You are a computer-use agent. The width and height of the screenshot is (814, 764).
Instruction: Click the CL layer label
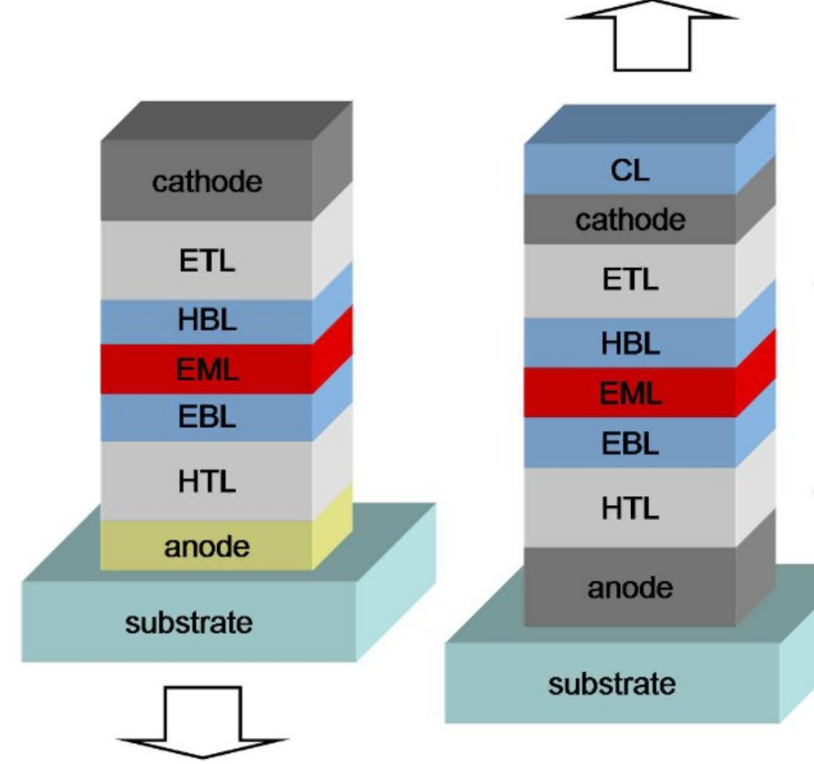click(x=630, y=170)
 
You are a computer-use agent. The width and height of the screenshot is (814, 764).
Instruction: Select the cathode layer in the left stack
click(x=207, y=182)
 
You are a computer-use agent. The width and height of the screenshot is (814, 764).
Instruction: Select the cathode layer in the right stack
click(x=630, y=219)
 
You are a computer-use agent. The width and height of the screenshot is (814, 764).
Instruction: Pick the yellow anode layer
click(x=207, y=546)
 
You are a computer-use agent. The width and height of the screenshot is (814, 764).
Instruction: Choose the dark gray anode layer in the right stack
click(x=630, y=588)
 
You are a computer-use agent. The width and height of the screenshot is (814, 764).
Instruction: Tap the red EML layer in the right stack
click(x=630, y=393)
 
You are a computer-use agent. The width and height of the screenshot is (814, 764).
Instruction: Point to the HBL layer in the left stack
click(x=207, y=320)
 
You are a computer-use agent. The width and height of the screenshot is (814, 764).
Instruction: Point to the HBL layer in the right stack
click(x=630, y=343)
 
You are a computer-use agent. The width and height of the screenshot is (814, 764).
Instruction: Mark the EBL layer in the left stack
click(x=207, y=416)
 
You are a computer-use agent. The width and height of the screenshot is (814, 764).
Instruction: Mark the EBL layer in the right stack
click(x=630, y=443)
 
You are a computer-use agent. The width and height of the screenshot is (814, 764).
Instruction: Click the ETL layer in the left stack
click(x=207, y=261)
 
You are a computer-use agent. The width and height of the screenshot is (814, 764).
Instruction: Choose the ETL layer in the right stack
click(x=630, y=281)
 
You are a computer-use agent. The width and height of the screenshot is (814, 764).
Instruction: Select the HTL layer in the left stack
click(x=207, y=481)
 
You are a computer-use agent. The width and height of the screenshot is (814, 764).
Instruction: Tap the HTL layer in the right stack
click(x=630, y=508)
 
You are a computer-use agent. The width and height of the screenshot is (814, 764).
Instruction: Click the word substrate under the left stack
click(x=188, y=623)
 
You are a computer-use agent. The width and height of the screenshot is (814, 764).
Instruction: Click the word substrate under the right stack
click(x=612, y=683)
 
